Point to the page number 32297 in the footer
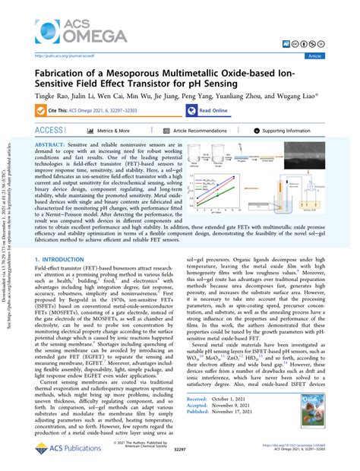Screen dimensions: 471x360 pyautogui.click(x=180, y=460)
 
